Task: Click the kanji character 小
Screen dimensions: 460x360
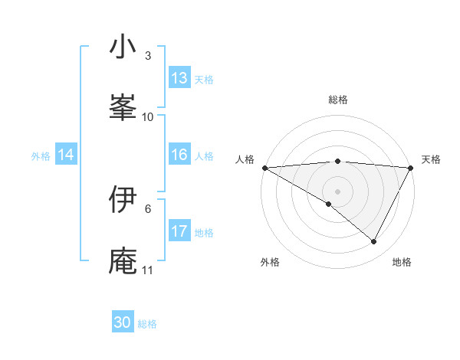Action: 123,47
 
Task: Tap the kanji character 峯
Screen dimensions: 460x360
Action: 123,108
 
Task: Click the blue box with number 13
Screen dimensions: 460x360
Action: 179,78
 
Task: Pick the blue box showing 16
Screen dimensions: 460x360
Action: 179,155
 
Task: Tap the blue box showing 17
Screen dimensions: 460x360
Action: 179,231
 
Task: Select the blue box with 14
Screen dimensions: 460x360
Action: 66,155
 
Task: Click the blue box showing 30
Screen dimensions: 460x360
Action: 123,322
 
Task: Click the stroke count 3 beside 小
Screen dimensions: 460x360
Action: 148,56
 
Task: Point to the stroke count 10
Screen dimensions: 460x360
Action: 148,117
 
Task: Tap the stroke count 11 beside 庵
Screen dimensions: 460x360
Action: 148,270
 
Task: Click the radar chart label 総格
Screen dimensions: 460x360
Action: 338,100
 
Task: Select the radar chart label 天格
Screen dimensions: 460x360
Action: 432,159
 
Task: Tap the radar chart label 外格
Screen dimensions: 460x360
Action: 269,262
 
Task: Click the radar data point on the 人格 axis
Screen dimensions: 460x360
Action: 264,168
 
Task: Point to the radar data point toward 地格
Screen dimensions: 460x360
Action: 374,241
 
